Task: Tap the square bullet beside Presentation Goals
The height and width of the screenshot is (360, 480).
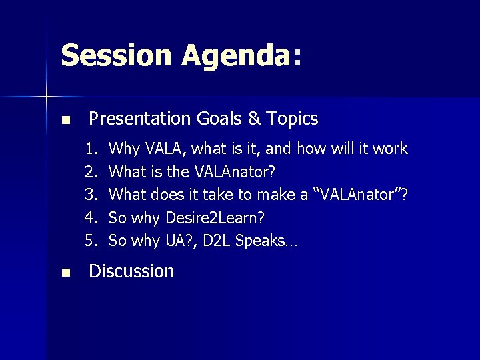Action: pyautogui.click(x=65, y=121)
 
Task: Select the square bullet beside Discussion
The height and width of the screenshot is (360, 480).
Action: pyautogui.click(x=65, y=273)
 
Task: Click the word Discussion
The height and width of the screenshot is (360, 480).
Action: pyautogui.click(x=131, y=271)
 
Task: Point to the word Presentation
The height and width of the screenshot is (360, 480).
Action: pyautogui.click(x=140, y=119)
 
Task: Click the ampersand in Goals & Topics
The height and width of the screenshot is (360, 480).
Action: pyautogui.click(x=254, y=119)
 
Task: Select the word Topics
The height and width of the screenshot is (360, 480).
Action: pyautogui.click(x=293, y=119)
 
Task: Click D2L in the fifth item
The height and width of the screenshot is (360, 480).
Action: pyautogui.click(x=219, y=241)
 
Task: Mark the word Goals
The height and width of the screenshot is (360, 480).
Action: pyautogui.click(x=220, y=119)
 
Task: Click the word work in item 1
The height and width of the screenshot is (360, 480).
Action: pyautogui.click(x=390, y=149)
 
